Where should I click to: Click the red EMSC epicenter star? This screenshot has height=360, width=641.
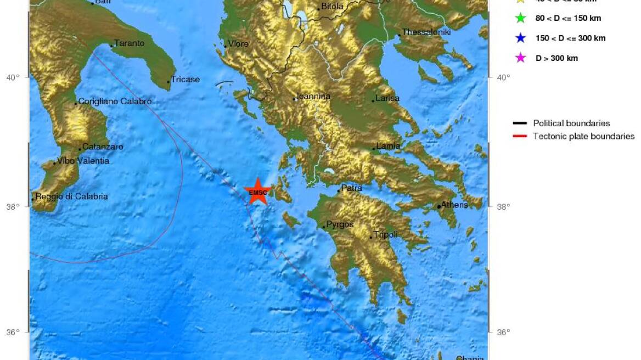pos(257,192)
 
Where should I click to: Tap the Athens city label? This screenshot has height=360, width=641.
pos(454,205)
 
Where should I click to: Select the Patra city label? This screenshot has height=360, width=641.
pos(351,188)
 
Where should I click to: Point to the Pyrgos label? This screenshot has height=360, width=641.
pos(340,224)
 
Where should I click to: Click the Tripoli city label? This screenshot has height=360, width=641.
pos(385,235)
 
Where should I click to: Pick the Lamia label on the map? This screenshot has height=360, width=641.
pos(388,147)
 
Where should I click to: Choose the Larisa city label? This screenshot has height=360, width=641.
pos(387,99)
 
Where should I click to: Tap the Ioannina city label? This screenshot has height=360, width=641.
pos(313,97)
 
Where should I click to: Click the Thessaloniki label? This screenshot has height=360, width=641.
pos(426,32)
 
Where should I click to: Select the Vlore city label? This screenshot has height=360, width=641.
pos(238,44)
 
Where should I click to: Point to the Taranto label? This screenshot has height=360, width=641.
pos(129,43)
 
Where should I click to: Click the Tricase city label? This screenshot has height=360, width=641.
pos(185,80)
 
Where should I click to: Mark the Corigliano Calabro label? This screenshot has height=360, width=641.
pos(115,102)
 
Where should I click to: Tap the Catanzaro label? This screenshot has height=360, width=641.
pos(103,147)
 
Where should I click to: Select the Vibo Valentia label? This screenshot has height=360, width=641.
pos(83,161)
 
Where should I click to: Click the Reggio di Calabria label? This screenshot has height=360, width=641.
pos(71,196)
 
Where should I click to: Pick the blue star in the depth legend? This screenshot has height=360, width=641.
pos(520,38)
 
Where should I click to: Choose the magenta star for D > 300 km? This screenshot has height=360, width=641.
pos(520,58)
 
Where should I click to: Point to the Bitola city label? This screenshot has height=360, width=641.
pos(331,7)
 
